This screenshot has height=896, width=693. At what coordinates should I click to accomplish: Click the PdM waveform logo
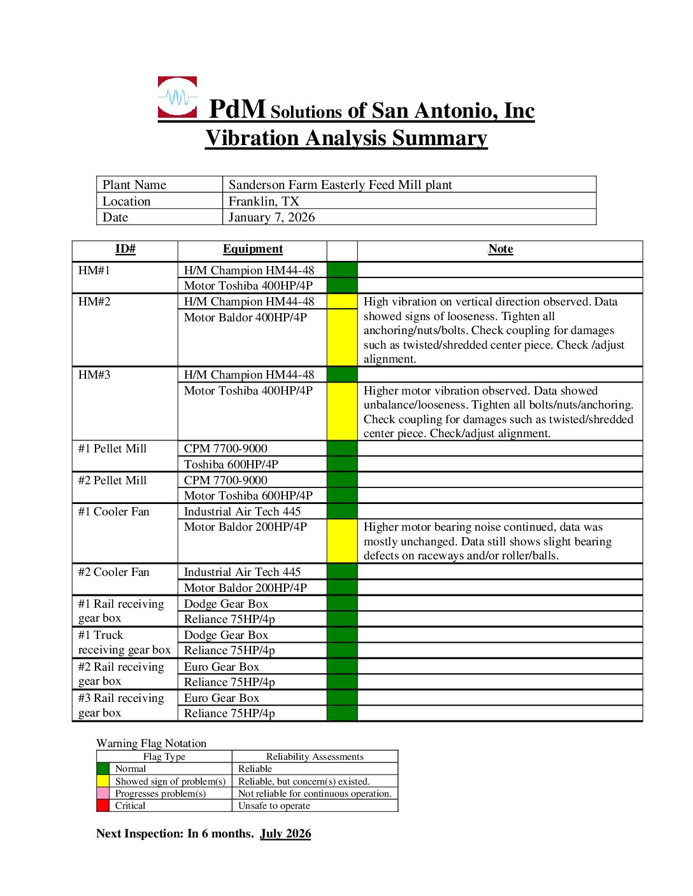pos(177,97)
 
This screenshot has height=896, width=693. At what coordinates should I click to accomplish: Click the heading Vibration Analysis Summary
pos(346,138)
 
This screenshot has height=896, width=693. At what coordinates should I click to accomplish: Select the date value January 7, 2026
pos(271,217)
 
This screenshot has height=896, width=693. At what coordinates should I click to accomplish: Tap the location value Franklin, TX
pos(264,201)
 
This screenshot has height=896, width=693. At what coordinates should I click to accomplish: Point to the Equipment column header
pos(252,249)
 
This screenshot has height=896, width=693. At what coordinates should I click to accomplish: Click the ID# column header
pos(125,249)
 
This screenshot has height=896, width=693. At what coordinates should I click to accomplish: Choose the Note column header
pos(500,249)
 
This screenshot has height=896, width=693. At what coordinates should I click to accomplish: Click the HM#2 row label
pos(94,302)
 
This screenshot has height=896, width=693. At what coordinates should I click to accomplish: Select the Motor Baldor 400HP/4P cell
pos(245,317)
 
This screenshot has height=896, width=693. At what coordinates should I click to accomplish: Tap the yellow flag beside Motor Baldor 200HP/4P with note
pos(342,541)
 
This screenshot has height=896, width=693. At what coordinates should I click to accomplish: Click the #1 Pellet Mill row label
pos(112,449)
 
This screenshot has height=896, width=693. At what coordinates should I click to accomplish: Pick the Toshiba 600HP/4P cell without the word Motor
pos(231,465)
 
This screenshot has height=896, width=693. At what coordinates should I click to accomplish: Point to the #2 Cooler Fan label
pos(113,572)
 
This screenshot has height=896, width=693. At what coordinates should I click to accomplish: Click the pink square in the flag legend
pos(103,794)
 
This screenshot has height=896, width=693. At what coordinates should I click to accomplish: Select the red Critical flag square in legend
pos(103,806)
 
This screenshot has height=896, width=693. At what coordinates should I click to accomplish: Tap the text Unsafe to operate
pos(274,806)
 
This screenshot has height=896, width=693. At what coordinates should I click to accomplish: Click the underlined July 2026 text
pos(285,834)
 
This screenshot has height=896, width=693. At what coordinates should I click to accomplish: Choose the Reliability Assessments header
pos(315,757)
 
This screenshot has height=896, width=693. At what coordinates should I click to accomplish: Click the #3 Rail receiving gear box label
pos(121,706)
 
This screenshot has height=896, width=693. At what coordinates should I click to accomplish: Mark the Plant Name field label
pos(134,185)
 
